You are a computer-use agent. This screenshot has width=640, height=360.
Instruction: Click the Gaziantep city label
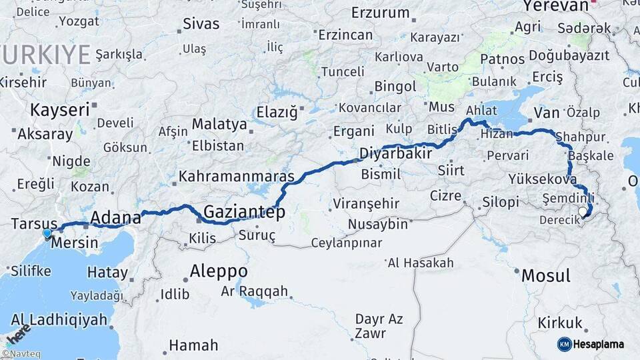[x=244, y=212]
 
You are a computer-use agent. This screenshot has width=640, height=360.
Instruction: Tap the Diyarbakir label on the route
[x=396, y=153]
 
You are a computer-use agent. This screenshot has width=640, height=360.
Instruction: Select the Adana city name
[x=115, y=217]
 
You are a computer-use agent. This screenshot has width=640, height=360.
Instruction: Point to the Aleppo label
[x=219, y=272]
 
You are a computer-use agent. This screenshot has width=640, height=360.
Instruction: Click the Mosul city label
[x=546, y=275]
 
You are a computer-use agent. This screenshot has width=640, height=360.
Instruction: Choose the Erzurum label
[x=380, y=13]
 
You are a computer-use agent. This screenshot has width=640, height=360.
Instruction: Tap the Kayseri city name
[x=59, y=109]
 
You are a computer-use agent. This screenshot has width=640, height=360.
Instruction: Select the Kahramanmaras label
[x=237, y=177]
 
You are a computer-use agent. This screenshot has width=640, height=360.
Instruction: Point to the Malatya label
[x=219, y=124]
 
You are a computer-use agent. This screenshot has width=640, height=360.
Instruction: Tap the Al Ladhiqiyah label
[x=59, y=319]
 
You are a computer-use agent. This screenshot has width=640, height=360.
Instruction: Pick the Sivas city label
[x=201, y=24]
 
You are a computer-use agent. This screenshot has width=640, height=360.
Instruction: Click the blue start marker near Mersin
[x=47, y=233]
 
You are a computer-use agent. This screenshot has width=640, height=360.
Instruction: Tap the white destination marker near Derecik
[x=583, y=212]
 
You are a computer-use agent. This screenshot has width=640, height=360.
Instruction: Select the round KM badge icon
[x=565, y=344]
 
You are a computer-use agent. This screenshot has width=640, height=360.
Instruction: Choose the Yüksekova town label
[x=542, y=179]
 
